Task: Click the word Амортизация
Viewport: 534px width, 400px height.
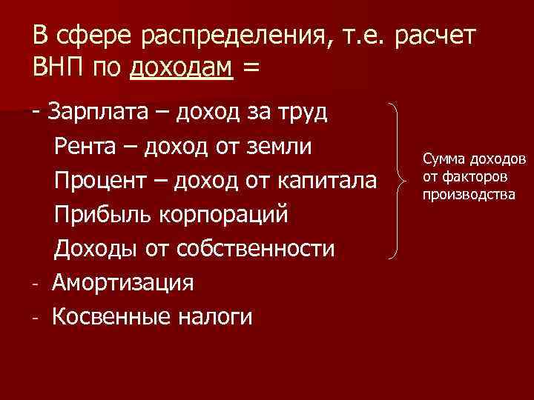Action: click(x=123, y=283)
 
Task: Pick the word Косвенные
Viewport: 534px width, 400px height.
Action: click(x=111, y=317)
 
